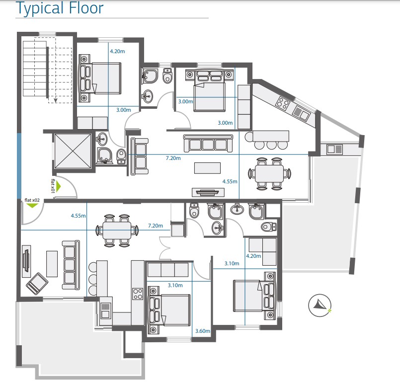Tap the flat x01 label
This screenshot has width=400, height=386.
tap(52, 186)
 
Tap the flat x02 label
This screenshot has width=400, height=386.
tap(32, 200)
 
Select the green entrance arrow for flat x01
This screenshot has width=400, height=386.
tap(58, 187)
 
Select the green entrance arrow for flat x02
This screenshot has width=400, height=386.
tap(32, 206)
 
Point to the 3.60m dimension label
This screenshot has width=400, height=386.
tap(203, 331)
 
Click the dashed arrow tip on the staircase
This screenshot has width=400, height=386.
tap(56, 101)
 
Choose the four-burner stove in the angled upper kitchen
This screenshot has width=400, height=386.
tap(283, 104)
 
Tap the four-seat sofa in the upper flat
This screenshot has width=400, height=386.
tap(208, 143)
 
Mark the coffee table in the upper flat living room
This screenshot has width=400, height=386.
tap(207, 168)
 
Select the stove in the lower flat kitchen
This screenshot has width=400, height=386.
tap(138, 294)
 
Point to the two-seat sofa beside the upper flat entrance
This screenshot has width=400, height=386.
tap(139, 156)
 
